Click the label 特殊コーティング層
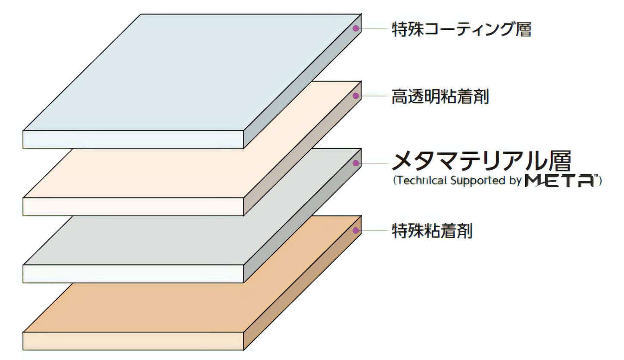point(461,29)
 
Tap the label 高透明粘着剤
point(440,96)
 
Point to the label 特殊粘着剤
point(432,231)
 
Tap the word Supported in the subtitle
point(478,181)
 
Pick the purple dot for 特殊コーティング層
point(356,28)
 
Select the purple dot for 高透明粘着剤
point(356,96)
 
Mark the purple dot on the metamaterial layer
point(356,163)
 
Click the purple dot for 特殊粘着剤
point(356,230)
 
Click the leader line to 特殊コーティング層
point(374,28)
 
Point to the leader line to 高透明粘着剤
point(374,96)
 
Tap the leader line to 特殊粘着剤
point(374,230)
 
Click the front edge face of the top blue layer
point(133,139)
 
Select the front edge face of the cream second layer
point(133,207)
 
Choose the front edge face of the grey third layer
point(133,274)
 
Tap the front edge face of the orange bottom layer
point(133,341)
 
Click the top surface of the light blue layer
point(192,72)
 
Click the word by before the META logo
point(515,181)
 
